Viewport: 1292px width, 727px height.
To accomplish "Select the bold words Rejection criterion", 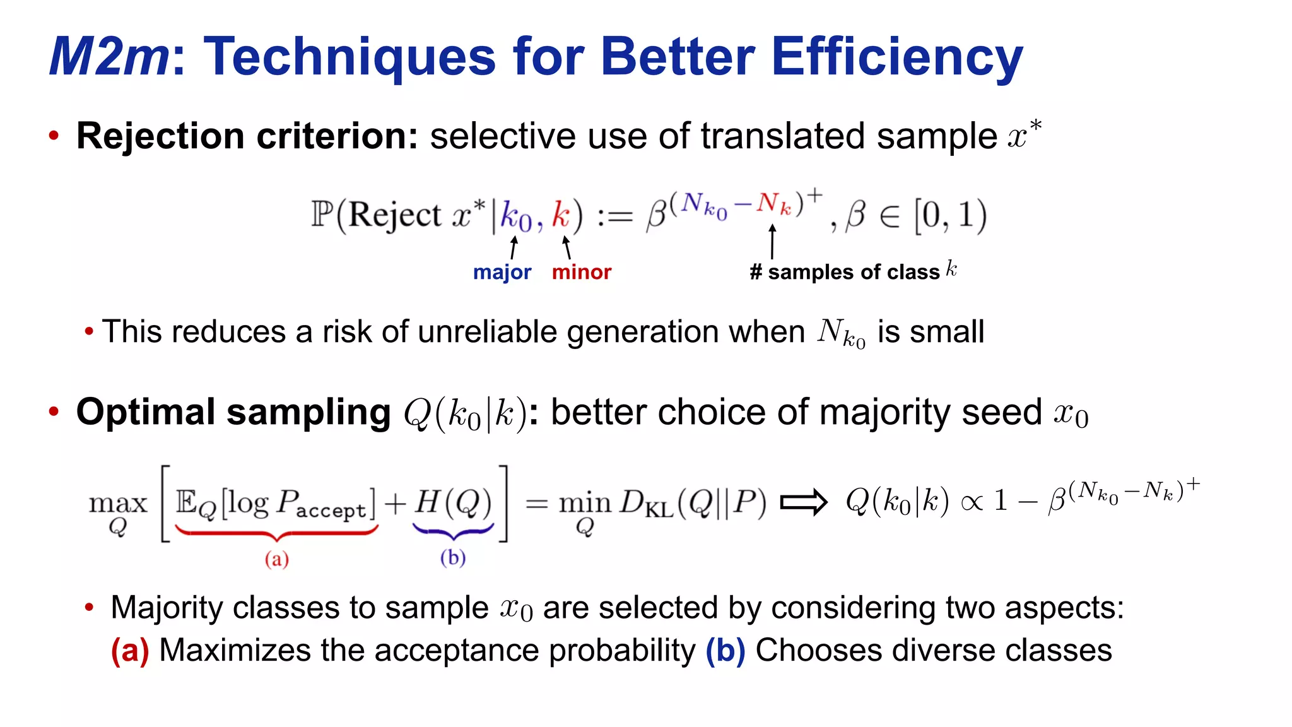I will (x=247, y=136).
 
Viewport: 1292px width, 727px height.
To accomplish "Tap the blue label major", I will (x=502, y=272).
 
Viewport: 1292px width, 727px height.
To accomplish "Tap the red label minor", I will (x=582, y=272).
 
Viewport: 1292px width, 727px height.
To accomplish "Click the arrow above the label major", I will (x=514, y=247).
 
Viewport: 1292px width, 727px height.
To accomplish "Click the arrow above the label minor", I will (x=567, y=247).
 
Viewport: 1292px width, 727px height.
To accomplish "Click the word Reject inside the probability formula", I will (x=395, y=215).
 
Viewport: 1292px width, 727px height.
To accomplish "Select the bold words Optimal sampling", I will (x=233, y=413).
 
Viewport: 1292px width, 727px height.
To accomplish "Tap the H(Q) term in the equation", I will (x=453, y=503).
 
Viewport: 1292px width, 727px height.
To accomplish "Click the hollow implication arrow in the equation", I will (x=803, y=502).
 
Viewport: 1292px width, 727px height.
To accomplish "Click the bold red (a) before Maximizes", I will (x=130, y=651).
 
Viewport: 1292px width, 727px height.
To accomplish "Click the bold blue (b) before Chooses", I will (x=725, y=651).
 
